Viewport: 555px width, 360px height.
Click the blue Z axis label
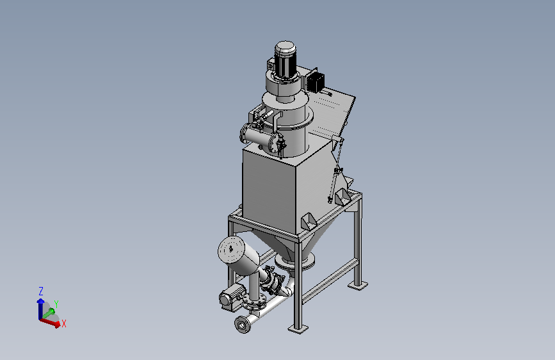coord(41,291)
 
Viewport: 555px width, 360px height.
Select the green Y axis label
coord(56,304)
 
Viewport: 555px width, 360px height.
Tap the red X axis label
coord(64,323)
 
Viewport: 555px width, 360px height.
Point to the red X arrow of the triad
coord(49,322)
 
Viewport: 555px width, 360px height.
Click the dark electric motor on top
coord(285,60)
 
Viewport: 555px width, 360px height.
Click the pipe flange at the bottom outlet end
coord(243,324)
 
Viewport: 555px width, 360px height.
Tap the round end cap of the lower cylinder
coord(231,250)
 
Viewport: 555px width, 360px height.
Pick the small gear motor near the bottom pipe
coord(229,299)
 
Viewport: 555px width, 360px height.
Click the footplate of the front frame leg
coord(298,329)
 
